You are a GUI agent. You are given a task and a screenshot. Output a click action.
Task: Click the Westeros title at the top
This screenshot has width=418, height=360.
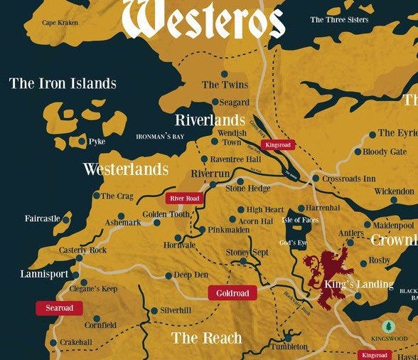tap(204, 19)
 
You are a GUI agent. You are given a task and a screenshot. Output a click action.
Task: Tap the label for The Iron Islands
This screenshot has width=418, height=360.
tap(63, 83)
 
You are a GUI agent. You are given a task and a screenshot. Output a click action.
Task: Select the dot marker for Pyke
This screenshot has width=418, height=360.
tap(82, 142)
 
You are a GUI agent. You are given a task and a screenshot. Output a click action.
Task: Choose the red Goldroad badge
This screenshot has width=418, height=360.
tap(232, 293)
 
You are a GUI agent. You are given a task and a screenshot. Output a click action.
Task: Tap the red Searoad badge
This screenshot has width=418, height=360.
tap(59, 307)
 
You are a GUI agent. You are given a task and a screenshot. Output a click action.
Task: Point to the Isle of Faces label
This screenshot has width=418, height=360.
tap(301, 220)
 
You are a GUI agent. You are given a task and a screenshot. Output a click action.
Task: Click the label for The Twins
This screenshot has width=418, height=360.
tap(220, 85)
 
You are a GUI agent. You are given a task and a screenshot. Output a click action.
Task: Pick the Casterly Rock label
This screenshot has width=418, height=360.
tap(82, 250)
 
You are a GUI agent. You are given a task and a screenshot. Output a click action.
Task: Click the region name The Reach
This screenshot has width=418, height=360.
tap(206, 337)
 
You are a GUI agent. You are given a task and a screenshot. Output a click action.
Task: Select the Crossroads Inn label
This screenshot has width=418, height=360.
tap(349, 179)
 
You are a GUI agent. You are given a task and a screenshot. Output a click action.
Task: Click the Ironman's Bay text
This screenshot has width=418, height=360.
tap(160, 136)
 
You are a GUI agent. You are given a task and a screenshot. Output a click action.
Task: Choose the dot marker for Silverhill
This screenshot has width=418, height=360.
tap(154, 311)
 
